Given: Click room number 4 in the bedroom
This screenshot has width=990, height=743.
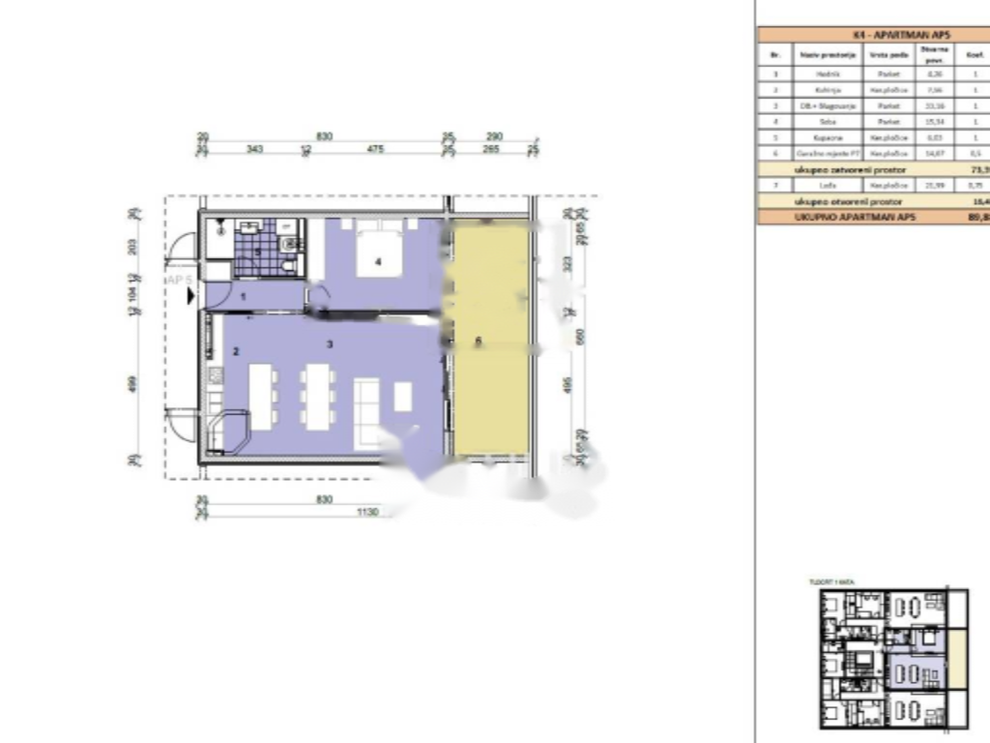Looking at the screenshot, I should click(x=379, y=261).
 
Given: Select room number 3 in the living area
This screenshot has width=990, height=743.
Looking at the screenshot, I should click(x=330, y=343).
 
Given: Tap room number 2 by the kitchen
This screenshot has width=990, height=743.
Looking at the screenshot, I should click(x=236, y=351).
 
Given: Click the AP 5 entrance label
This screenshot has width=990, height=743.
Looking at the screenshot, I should click(x=180, y=280).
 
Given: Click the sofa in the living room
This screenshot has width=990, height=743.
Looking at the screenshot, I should click(x=367, y=411).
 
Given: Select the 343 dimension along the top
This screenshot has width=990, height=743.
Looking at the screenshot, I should click(x=255, y=150).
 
